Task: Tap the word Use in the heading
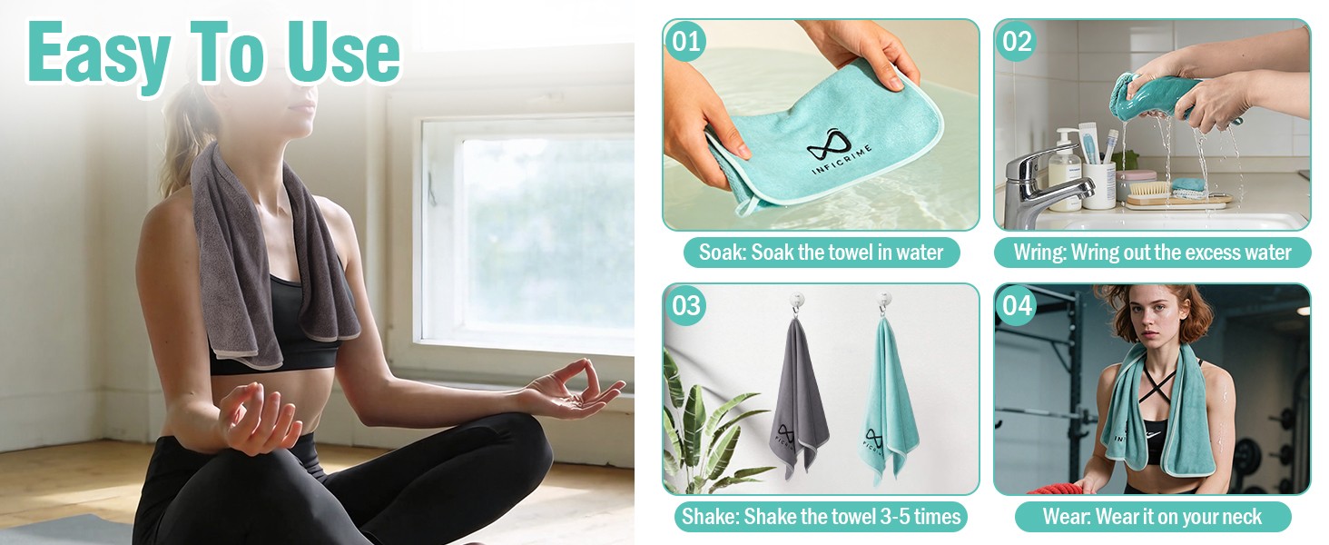(x=344, y=53)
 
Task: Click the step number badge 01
(x=685, y=41)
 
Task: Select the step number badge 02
(x=1017, y=41)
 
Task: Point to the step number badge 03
(x=685, y=306)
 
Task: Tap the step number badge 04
(x=1017, y=306)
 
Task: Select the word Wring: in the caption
(x=1039, y=253)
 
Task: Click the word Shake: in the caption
(x=710, y=517)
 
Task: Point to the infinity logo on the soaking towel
(x=828, y=144)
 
